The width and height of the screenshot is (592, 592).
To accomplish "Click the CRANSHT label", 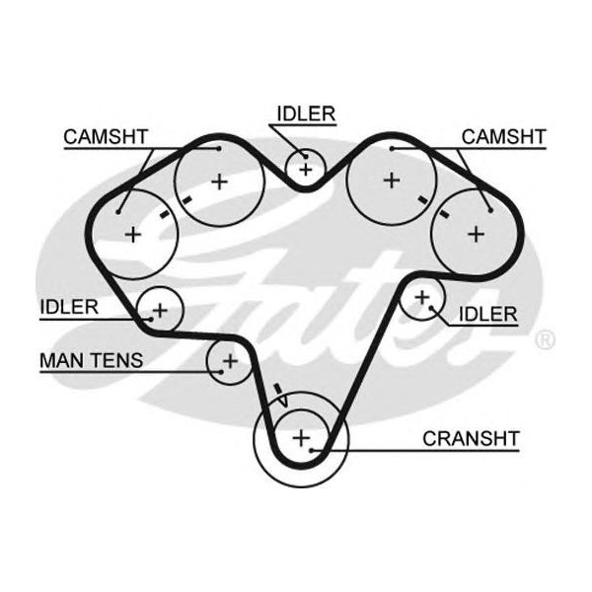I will pyautogui.click(x=471, y=437).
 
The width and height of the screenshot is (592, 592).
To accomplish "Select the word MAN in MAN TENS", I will pyautogui.click(x=62, y=360).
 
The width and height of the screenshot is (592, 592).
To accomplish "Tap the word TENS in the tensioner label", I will pyautogui.click(x=115, y=360).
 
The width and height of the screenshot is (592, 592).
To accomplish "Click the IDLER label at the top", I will pyautogui.click(x=305, y=113).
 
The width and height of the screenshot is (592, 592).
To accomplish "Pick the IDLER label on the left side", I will pyautogui.click(x=69, y=306).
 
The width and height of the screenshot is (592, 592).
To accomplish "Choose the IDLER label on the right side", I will pyautogui.click(x=487, y=314).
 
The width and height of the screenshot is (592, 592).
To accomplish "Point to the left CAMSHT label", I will pyautogui.click(x=105, y=136).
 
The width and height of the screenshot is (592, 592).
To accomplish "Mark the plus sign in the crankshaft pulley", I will pyautogui.click(x=301, y=437).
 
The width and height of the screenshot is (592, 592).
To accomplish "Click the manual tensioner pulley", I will pyautogui.click(x=229, y=361).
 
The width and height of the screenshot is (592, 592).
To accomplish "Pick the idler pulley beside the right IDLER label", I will pyautogui.click(x=422, y=296).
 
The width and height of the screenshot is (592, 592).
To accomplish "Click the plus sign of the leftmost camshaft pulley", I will pyautogui.click(x=132, y=234).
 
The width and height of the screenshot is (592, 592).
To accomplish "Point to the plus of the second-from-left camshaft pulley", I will pyautogui.click(x=219, y=182).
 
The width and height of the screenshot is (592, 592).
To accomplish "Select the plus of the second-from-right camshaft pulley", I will pyautogui.click(x=392, y=180).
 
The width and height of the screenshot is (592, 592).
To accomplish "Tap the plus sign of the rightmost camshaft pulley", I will pyautogui.click(x=476, y=233).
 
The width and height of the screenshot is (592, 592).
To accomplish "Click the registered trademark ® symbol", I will pyautogui.click(x=544, y=340).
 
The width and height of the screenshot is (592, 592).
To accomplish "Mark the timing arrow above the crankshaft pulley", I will pyautogui.click(x=279, y=393).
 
